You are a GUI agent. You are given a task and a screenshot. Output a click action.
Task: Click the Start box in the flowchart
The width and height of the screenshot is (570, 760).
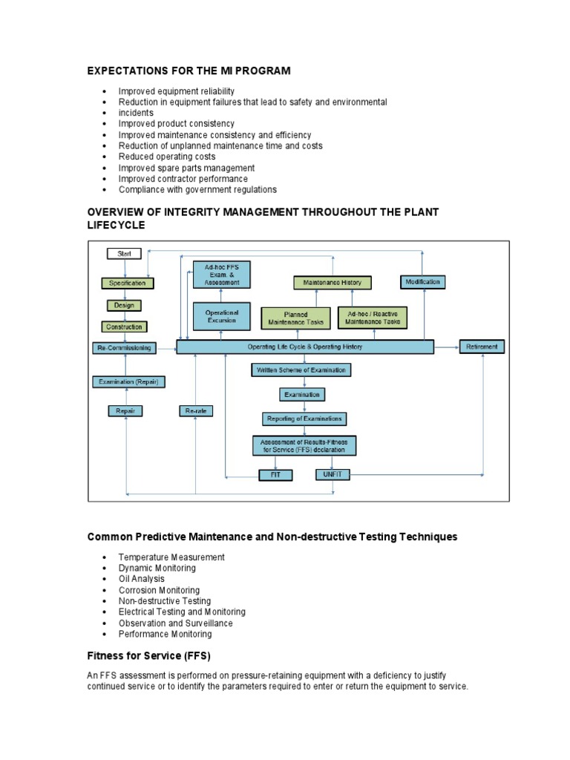[x=124, y=254]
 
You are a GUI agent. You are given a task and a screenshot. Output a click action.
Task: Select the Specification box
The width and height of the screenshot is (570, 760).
[x=128, y=283]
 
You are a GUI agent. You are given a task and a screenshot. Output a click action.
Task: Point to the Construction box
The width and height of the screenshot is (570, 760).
[x=124, y=327]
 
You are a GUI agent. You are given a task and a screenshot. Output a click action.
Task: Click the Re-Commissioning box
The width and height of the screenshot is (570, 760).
[x=124, y=347]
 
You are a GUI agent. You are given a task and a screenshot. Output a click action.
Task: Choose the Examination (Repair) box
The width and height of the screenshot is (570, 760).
[x=128, y=382]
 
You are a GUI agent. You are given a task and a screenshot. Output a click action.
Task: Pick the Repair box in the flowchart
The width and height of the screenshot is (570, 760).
[x=124, y=411]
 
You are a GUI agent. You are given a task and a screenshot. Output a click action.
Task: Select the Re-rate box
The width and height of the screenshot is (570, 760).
[x=196, y=411]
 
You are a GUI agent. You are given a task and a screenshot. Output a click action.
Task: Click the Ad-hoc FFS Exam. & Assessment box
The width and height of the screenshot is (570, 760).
[x=222, y=275]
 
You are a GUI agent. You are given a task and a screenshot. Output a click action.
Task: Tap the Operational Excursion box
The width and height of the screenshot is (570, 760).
[x=222, y=316]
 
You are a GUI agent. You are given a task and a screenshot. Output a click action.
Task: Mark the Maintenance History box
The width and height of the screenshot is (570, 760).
[x=332, y=283]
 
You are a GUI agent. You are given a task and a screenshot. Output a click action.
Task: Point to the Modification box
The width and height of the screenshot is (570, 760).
[x=423, y=282]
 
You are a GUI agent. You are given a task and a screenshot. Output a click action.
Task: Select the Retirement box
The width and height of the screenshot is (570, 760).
[x=482, y=347]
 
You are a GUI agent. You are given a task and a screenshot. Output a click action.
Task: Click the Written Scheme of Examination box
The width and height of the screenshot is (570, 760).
[x=301, y=370]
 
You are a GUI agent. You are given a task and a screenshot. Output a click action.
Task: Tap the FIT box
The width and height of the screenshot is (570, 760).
[x=275, y=474]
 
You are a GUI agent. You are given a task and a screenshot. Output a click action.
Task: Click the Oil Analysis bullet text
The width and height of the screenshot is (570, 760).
[x=142, y=579]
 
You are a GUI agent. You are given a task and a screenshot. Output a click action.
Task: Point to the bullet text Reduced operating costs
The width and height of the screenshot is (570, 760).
[x=167, y=157]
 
